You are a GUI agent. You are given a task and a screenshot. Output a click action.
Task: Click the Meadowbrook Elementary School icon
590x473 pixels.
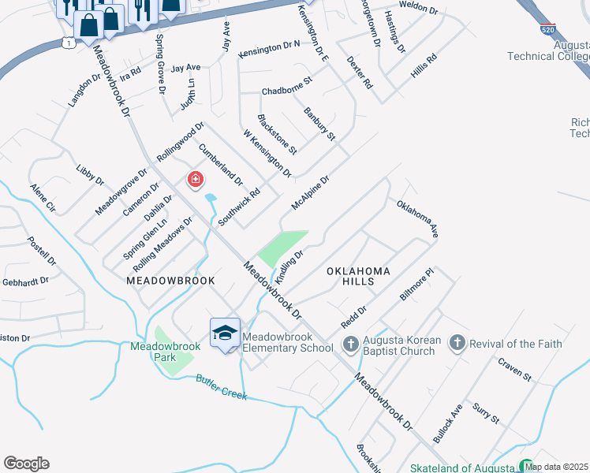click(x=225, y=334)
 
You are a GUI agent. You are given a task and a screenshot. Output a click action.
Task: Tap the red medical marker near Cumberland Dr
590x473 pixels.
click(x=194, y=181)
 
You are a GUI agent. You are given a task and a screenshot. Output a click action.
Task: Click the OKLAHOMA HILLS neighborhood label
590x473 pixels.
click(x=359, y=277)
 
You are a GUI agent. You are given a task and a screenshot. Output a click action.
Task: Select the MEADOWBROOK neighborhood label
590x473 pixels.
click(x=160, y=280)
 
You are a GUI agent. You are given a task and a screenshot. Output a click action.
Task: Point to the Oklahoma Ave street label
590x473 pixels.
click(x=417, y=219)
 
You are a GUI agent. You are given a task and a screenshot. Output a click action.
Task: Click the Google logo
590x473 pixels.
click(x=26, y=464)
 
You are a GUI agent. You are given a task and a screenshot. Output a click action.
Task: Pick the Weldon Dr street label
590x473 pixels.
click(x=418, y=9)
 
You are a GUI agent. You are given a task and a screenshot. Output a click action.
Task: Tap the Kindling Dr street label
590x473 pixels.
click(x=289, y=267)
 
